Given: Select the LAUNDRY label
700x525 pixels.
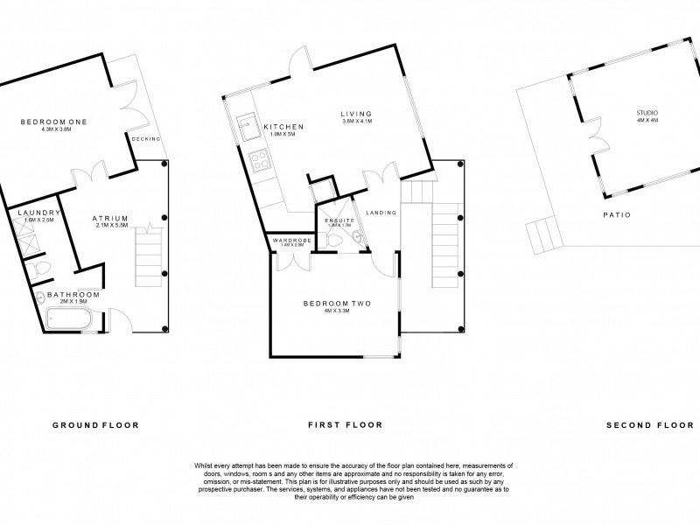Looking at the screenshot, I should coord(38,212).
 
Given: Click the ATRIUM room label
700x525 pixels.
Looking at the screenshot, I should coord(111,218).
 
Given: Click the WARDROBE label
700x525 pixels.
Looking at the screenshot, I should coord(288,240).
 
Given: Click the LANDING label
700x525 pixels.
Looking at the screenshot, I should coord(381,213).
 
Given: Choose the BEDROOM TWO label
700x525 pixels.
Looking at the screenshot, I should coord(337,304).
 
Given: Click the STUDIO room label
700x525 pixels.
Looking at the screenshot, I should coord(647,114).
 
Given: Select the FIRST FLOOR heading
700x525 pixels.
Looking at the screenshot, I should coord(345,425).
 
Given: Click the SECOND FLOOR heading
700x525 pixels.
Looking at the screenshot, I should coord(643,425).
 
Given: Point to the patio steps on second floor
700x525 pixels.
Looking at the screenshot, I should coord(540,236).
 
